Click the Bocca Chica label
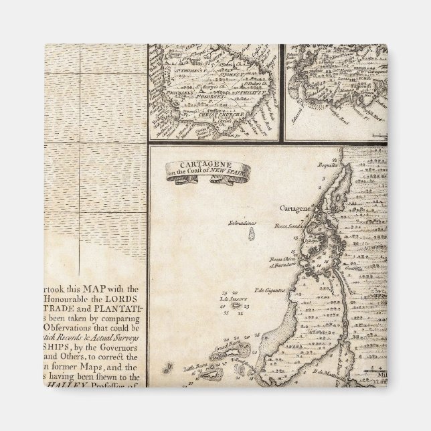click(x=283, y=259)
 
